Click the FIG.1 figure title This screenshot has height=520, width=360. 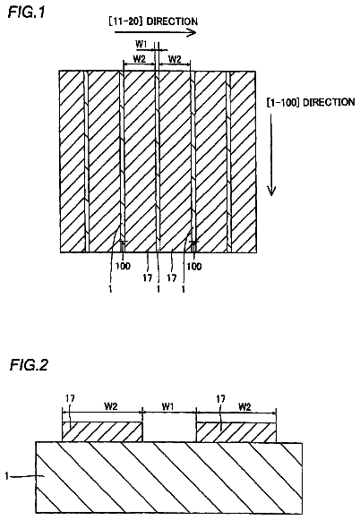(26, 13)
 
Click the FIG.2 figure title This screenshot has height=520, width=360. (29, 364)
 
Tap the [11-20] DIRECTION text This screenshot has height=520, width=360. (153, 21)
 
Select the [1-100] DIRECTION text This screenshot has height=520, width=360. (311, 102)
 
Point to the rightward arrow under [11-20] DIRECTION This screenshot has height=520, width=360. (155, 32)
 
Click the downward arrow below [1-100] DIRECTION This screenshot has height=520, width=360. (271, 155)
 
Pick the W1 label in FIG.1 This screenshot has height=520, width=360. (141, 44)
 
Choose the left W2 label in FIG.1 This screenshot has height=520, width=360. (140, 59)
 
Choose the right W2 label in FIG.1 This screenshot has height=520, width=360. (175, 59)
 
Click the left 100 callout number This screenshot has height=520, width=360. (123, 266)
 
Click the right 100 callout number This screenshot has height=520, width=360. (194, 266)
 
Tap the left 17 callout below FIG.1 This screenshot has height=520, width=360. (148, 277)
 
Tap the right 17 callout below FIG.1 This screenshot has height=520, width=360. (171, 277)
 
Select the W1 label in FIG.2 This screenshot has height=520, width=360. (167, 406)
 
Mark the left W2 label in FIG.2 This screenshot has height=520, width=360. (111, 406)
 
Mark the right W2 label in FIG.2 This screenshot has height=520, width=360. (244, 406)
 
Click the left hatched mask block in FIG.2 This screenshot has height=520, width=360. (102, 431)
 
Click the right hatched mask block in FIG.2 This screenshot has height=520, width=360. (236, 432)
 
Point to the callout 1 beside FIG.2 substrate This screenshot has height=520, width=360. (7, 476)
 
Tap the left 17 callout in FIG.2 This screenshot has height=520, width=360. (70, 398)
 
